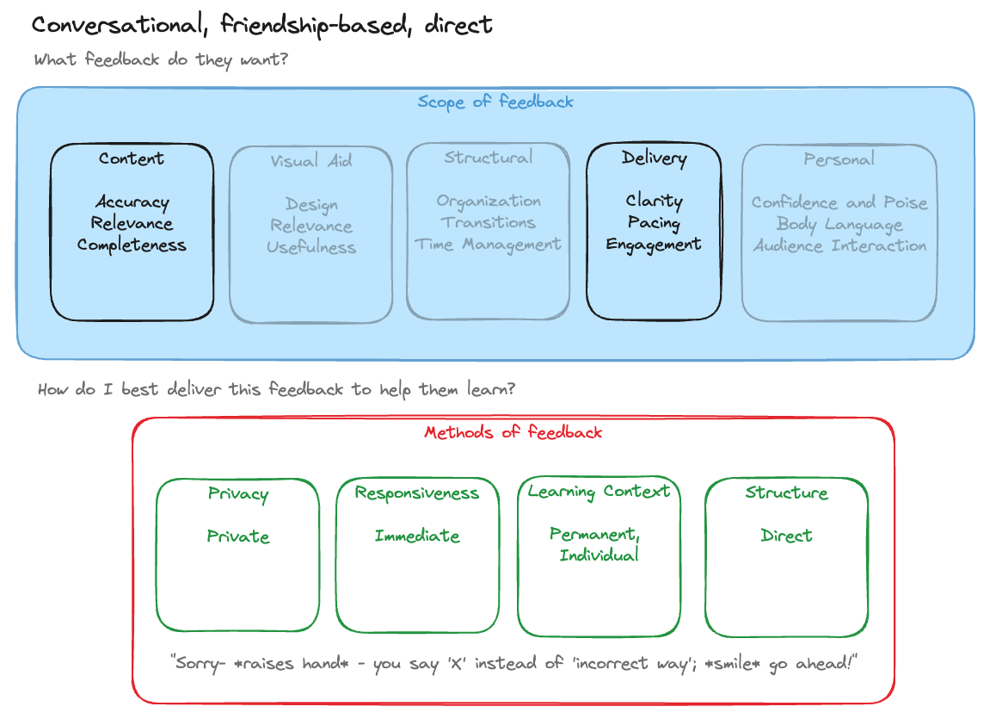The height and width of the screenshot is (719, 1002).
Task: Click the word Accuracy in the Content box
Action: [132, 202]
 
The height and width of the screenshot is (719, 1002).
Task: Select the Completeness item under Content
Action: [132, 245]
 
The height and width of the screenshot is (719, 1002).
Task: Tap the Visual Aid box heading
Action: [310, 161]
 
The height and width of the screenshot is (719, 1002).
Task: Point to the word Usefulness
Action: [310, 247]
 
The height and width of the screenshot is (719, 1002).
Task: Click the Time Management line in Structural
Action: [488, 245]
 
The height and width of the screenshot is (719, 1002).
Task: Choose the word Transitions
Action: [488, 222]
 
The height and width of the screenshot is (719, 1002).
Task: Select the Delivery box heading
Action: [654, 158]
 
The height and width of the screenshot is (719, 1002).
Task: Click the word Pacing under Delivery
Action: [654, 223]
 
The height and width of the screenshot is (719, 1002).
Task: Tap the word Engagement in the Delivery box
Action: [654, 245]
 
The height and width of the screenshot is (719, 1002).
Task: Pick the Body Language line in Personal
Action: [839, 224]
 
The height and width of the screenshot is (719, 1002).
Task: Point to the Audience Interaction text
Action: [839, 245]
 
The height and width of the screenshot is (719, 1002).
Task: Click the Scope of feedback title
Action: [495, 102]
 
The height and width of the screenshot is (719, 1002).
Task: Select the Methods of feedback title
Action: [513, 432]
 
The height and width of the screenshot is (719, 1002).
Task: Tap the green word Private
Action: [238, 536]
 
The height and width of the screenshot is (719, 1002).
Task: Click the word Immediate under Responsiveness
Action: [417, 536]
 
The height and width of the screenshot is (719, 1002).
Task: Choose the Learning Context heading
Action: [599, 492]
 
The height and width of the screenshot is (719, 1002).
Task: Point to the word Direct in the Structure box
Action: [786, 536]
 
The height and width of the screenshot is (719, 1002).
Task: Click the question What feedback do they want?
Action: [161, 60]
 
